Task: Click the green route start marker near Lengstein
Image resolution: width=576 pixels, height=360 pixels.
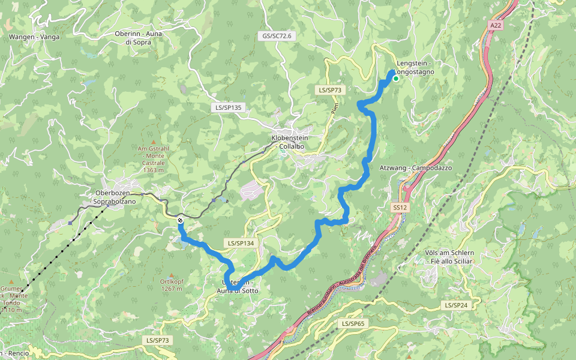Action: tap(396, 78)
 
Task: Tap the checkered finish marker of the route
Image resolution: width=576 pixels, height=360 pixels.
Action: tap(180, 221)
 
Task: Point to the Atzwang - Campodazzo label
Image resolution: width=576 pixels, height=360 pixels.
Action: tap(415, 168)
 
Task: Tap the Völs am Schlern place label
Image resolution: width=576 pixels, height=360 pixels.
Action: tap(449, 257)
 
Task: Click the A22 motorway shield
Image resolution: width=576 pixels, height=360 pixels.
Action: tap(495, 26)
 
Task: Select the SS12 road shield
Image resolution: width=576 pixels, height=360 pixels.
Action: tap(400, 207)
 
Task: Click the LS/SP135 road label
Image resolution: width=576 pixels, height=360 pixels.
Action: tap(228, 108)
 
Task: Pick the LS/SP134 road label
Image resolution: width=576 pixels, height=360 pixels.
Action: tap(241, 243)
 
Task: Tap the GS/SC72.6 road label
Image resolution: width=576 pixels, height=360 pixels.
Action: tap(276, 36)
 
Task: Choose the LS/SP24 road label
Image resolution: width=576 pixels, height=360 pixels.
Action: tap(457, 305)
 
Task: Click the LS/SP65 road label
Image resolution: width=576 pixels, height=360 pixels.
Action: tap(353, 323)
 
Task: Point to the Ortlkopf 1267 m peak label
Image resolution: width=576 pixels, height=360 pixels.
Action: tap(171, 284)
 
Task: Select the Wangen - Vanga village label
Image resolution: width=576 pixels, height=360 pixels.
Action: tap(34, 37)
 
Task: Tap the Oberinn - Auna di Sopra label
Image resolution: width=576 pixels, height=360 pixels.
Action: tap(139, 38)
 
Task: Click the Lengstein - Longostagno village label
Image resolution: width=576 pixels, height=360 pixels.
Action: tap(415, 67)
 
